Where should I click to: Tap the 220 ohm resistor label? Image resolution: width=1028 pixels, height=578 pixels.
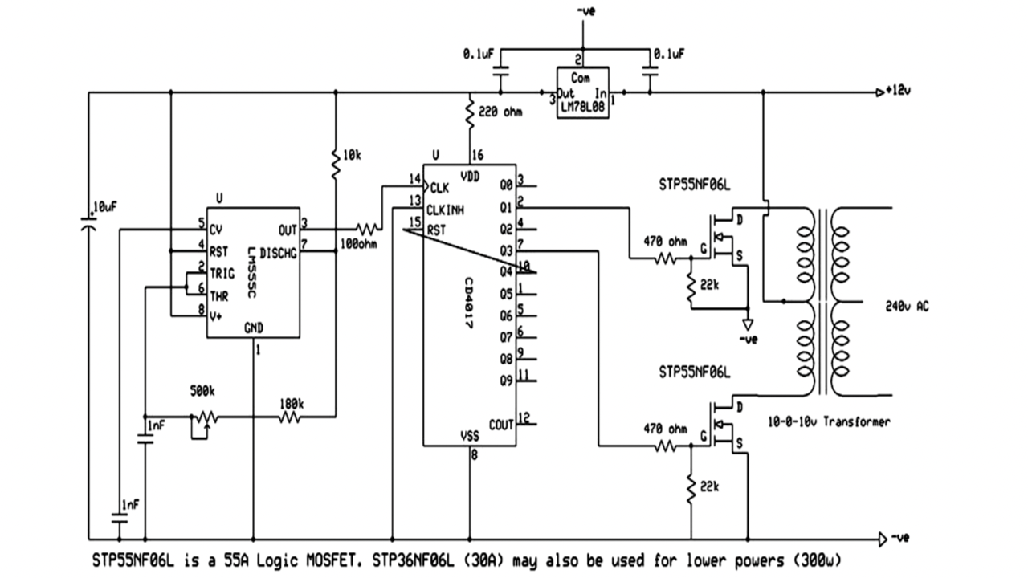point(500,112)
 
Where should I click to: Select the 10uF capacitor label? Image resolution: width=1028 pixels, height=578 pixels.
point(104,206)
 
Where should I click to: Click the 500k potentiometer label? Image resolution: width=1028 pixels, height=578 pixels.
point(202,391)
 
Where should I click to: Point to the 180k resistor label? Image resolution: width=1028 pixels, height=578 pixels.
point(291,403)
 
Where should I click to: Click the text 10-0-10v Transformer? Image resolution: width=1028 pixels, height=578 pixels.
point(828,421)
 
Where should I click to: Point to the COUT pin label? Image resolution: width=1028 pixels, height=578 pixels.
point(501,424)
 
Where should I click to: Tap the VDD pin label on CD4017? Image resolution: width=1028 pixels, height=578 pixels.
point(471,175)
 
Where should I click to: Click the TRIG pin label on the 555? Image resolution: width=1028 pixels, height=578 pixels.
point(222,273)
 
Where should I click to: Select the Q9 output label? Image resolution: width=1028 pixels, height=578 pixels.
point(506,381)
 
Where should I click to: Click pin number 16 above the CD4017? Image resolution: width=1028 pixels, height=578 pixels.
point(479,155)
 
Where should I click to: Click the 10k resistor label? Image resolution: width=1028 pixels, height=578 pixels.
point(351,153)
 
